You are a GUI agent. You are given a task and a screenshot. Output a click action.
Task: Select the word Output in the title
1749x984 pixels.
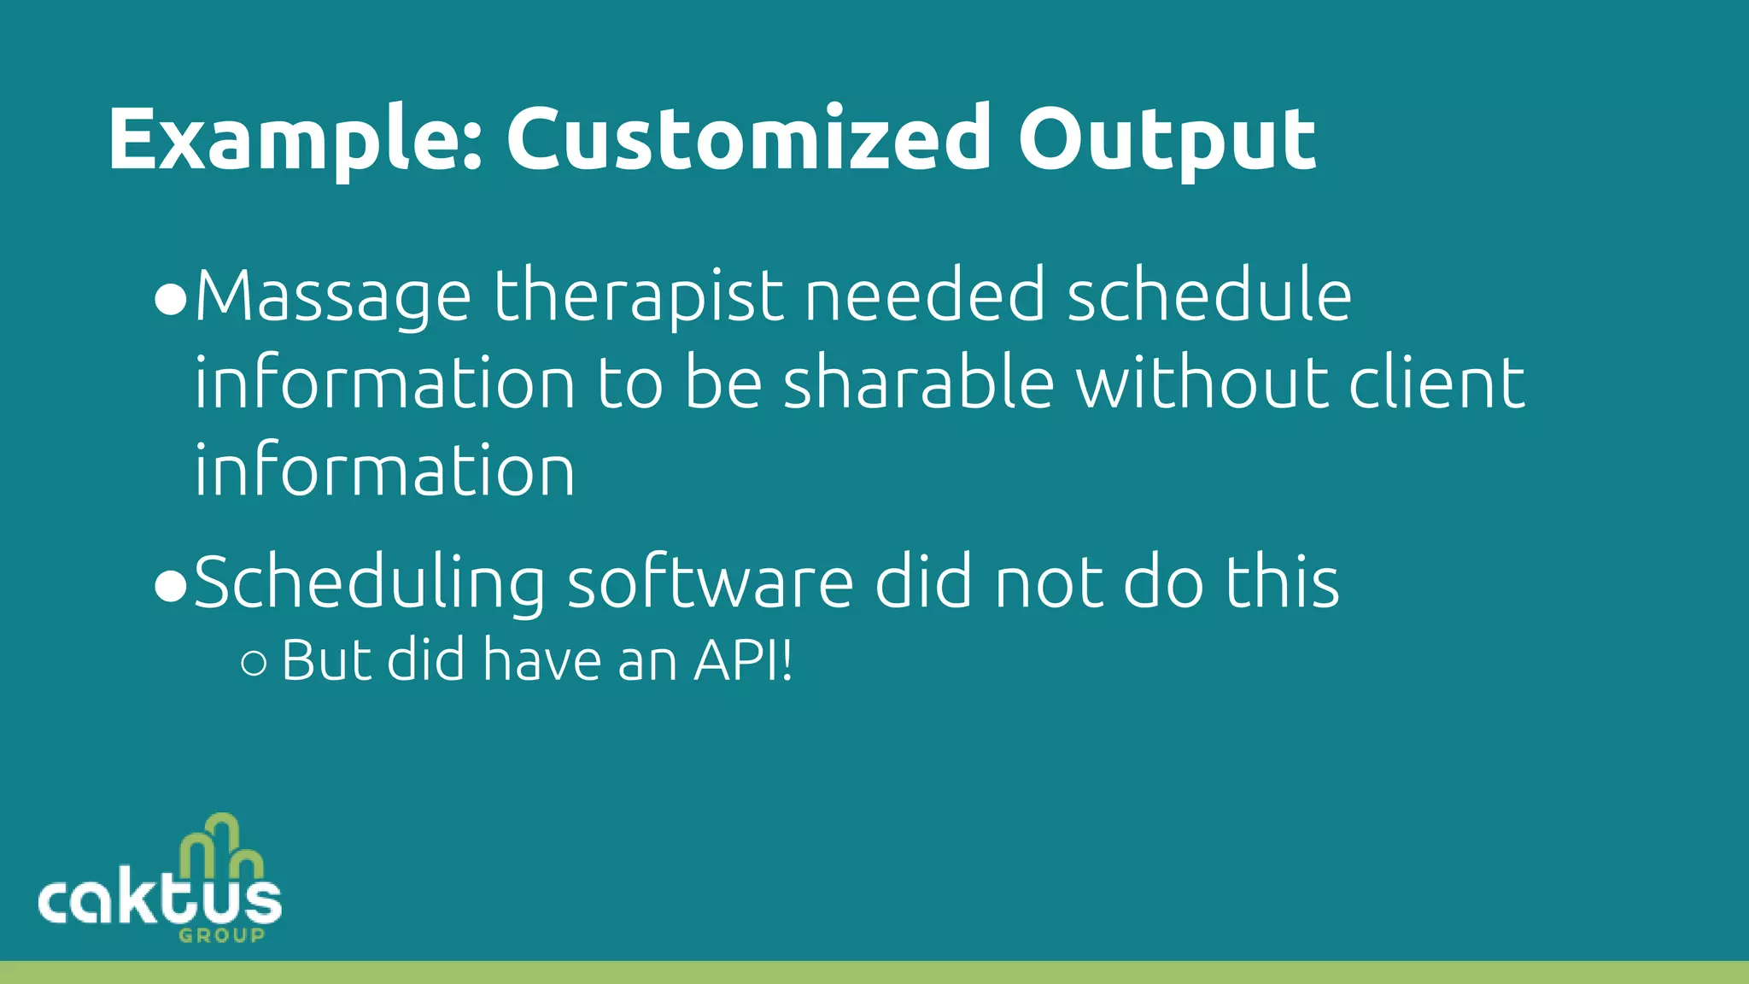(x=1166, y=139)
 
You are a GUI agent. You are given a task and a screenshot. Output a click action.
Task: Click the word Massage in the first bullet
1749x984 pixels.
(x=333, y=296)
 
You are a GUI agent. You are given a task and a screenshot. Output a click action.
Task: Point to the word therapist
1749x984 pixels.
(x=638, y=296)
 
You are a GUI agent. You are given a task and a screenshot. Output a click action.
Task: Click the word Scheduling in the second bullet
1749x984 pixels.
(x=370, y=583)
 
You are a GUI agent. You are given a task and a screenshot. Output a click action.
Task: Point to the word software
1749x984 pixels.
(x=710, y=582)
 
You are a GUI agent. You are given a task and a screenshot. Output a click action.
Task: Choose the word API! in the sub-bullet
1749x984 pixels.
(x=743, y=660)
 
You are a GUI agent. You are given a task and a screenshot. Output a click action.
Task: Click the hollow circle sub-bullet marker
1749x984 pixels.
(x=254, y=664)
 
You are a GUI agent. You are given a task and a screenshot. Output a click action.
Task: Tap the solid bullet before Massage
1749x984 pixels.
(x=171, y=301)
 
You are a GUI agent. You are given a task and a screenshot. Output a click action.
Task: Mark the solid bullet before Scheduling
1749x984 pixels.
(x=171, y=587)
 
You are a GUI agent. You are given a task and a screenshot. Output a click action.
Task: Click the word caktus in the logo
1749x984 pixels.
(x=160, y=901)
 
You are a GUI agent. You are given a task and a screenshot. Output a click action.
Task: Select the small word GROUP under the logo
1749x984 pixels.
(x=222, y=935)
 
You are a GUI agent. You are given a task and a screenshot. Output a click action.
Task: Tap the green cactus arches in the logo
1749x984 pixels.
(x=220, y=846)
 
